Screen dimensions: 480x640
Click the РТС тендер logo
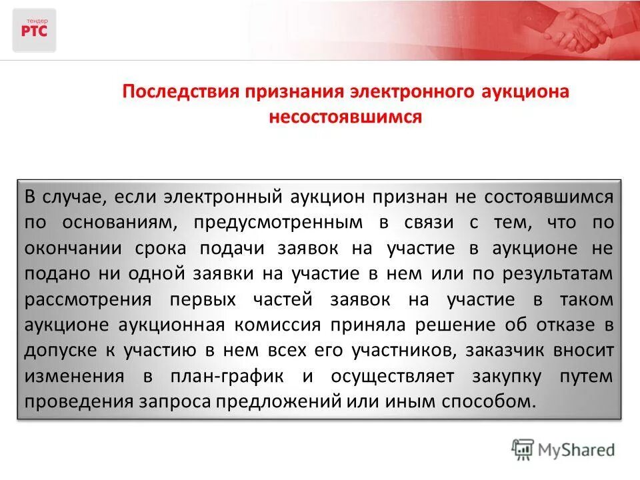pyautogui.click(x=34, y=30)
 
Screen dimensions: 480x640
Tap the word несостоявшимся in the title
pyautogui.click(x=345, y=117)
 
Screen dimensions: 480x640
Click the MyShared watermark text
pyautogui.click(x=577, y=449)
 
